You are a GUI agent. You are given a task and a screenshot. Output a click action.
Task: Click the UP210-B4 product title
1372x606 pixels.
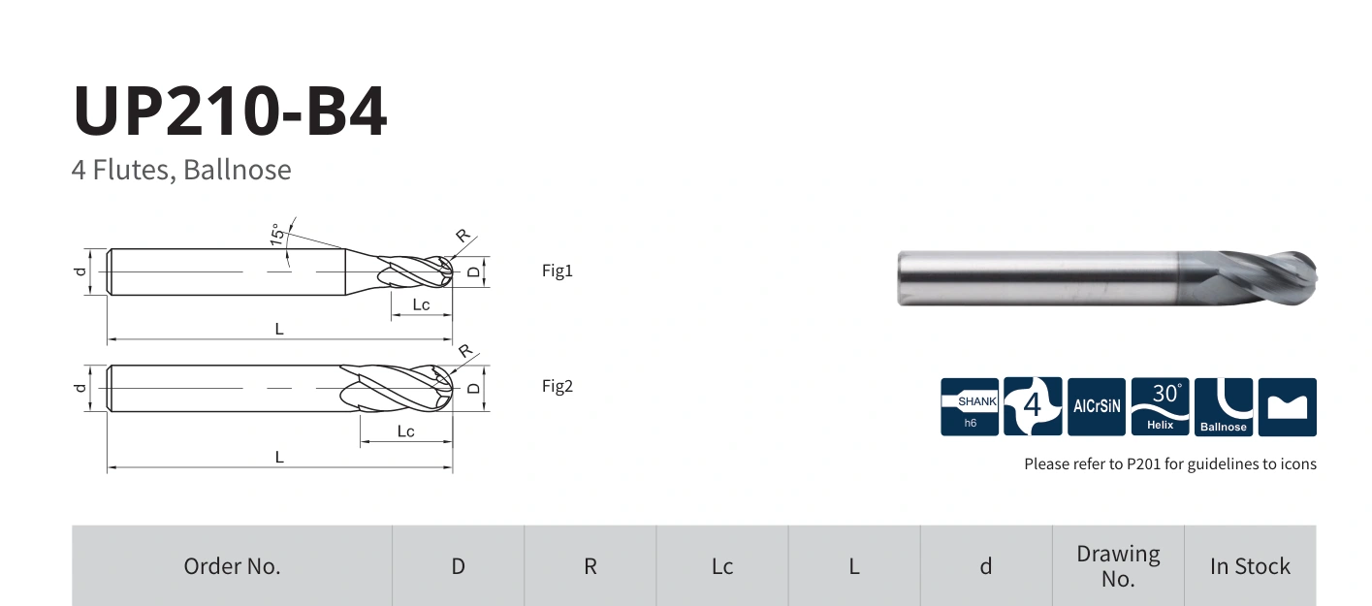point(230,111)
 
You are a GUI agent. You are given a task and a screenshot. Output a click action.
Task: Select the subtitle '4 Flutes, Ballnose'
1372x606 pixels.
point(181,170)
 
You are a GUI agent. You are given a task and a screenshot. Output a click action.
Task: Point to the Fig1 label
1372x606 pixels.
point(557,271)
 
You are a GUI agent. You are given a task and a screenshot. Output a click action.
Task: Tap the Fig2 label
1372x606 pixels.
point(557,386)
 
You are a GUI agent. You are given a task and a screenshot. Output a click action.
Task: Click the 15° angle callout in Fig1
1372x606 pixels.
point(277,235)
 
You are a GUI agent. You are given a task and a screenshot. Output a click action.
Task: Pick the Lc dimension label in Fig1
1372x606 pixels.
point(421,304)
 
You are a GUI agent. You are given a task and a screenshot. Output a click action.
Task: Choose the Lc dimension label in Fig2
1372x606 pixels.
point(405,431)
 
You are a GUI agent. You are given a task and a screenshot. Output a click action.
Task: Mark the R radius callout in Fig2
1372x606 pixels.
point(465,351)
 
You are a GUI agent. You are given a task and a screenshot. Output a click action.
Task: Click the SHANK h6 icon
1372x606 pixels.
point(970,407)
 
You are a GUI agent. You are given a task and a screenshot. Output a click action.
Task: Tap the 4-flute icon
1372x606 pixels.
point(1033,407)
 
